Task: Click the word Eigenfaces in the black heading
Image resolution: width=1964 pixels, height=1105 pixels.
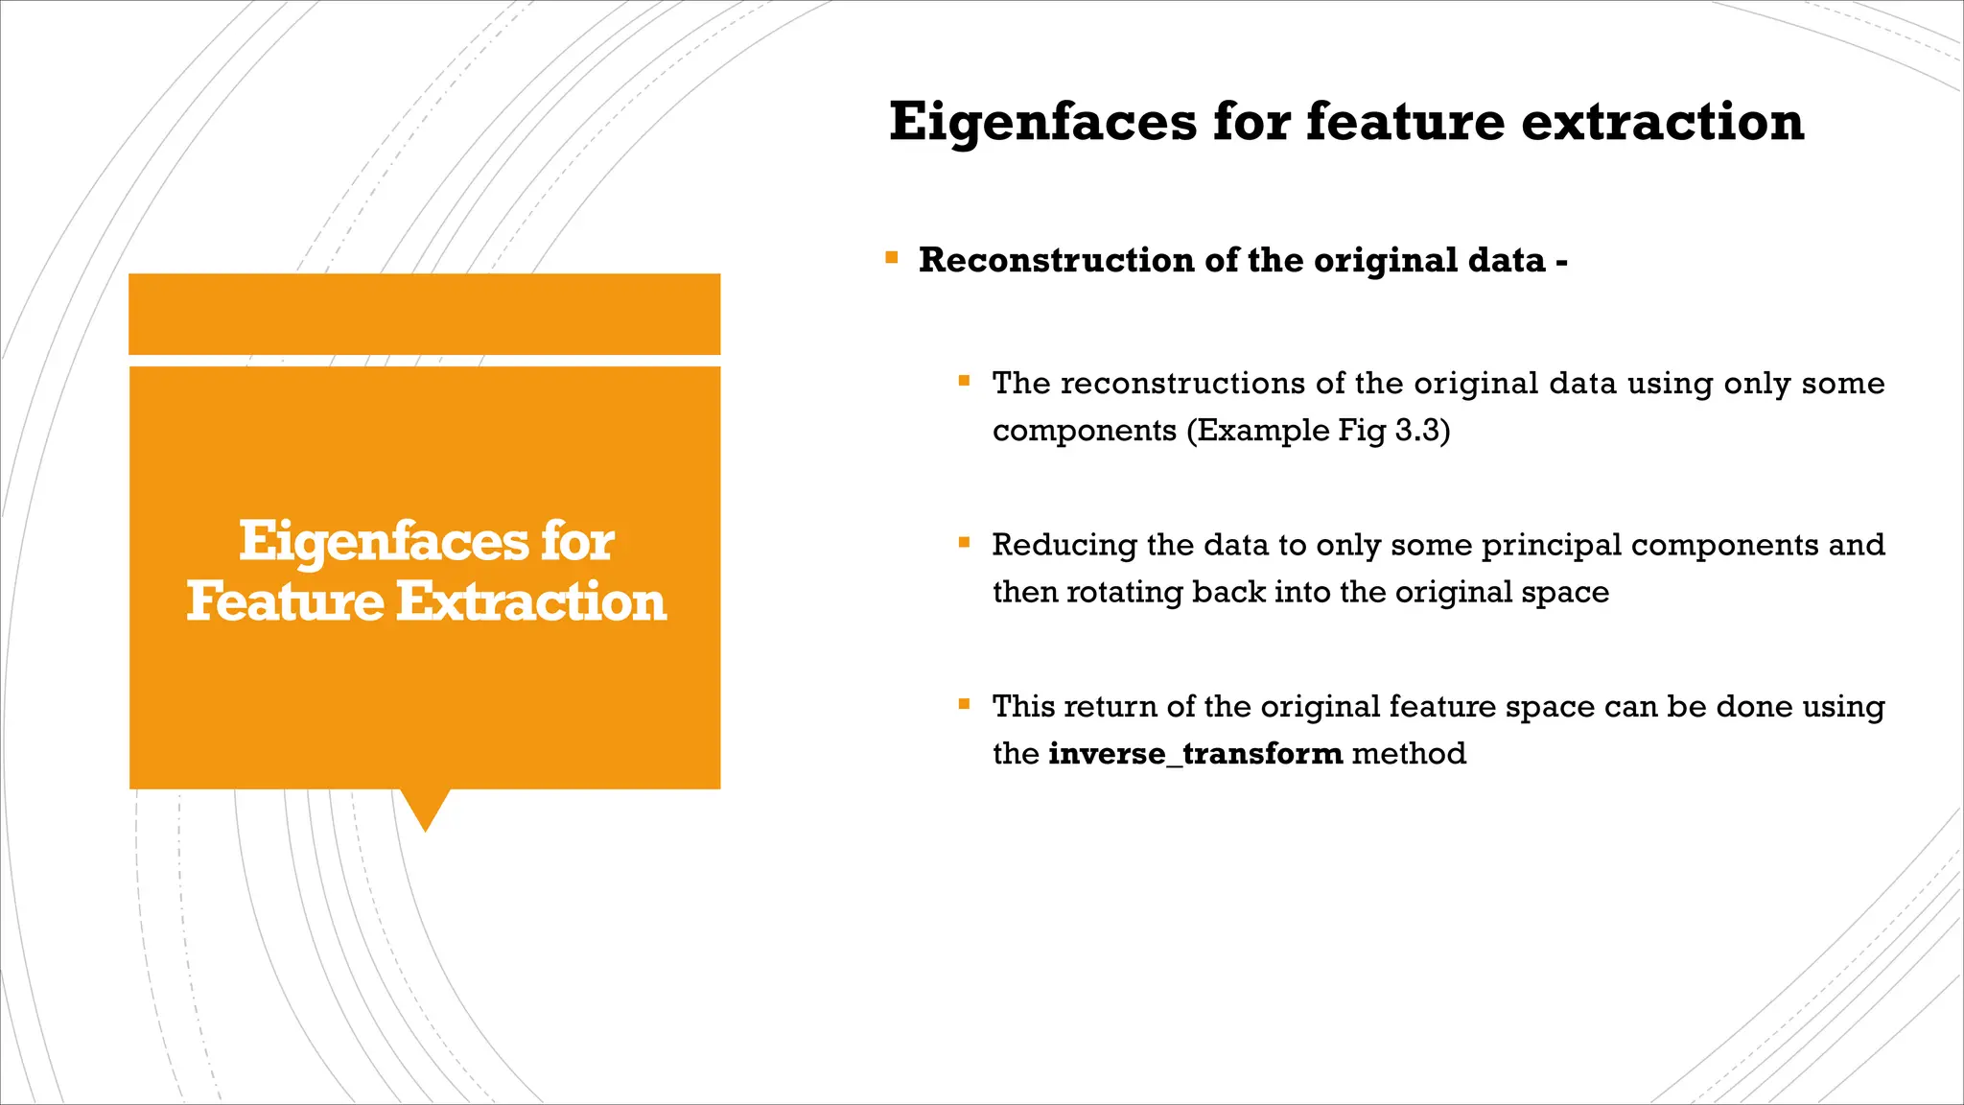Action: click(x=1042, y=123)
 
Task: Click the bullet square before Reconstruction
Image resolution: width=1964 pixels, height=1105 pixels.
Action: click(x=892, y=257)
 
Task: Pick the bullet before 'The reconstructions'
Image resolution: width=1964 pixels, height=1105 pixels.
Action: click(x=964, y=381)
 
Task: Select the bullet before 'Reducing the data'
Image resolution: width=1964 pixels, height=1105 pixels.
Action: click(x=964, y=542)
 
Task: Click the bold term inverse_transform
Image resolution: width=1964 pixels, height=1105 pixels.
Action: click(x=1195, y=753)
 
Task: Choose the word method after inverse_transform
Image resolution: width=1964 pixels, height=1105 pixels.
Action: click(x=1409, y=753)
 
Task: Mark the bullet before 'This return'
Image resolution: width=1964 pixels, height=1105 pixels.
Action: click(x=964, y=704)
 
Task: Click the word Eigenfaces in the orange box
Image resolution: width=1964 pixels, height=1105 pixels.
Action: click(x=383, y=542)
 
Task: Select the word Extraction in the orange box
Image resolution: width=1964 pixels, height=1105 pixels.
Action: click(x=531, y=601)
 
